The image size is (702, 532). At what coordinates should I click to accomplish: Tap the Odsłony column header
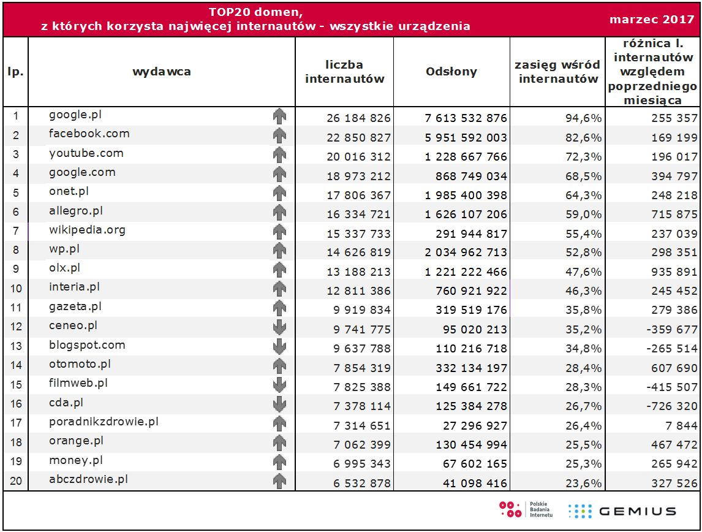pyautogui.click(x=451, y=72)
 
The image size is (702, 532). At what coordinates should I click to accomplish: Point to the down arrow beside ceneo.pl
pyautogui.click(x=279, y=327)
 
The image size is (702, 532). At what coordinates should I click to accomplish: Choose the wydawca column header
pyautogui.click(x=162, y=72)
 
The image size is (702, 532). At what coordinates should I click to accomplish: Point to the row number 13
pyautogui.click(x=16, y=346)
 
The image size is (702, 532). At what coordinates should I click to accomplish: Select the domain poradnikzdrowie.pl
pyautogui.click(x=104, y=422)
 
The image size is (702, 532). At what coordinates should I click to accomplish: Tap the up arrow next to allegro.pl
pyautogui.click(x=279, y=212)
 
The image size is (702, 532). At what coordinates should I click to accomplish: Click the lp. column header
pyautogui.click(x=16, y=72)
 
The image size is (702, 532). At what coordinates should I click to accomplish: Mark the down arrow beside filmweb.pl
pyautogui.click(x=279, y=385)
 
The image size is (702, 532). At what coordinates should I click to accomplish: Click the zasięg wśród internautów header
pyautogui.click(x=556, y=72)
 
